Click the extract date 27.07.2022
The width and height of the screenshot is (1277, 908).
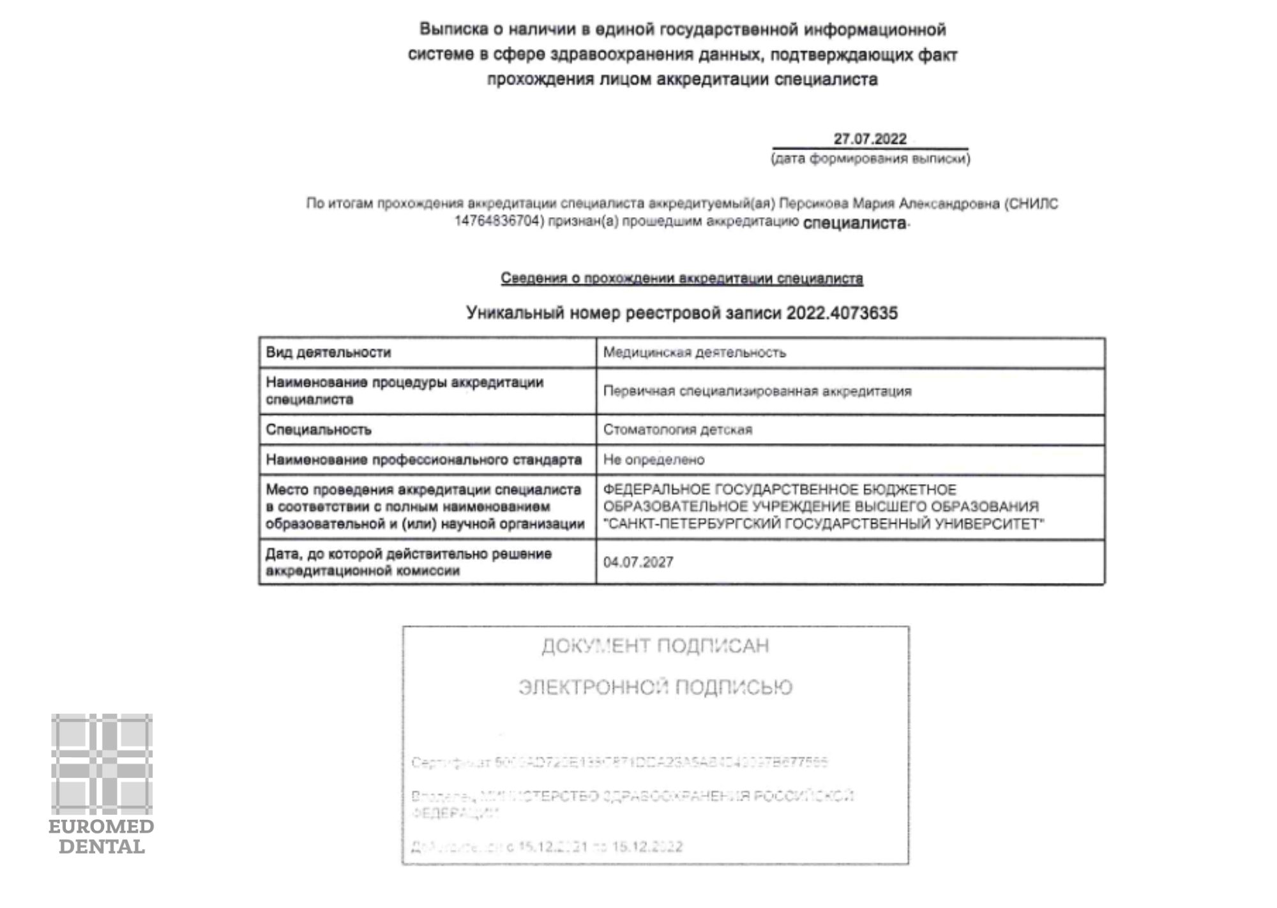tap(870, 139)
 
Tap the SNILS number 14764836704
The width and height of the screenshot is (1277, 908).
tap(498, 222)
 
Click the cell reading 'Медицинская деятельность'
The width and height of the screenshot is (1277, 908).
tap(694, 352)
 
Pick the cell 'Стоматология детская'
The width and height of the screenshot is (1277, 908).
tap(677, 430)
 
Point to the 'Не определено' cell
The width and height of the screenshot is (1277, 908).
tap(654, 460)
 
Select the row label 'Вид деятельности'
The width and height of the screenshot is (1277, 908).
tap(328, 352)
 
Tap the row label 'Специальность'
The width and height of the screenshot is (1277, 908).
tap(319, 430)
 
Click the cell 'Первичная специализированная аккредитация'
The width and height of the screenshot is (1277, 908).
tap(757, 391)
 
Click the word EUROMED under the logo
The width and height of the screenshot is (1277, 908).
tap(102, 827)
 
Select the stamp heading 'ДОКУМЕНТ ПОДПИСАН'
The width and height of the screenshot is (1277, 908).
tap(655, 646)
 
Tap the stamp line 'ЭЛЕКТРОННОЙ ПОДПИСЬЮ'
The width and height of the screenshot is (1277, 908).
tap(655, 687)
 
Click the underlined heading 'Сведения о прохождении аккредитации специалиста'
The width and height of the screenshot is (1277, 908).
tap(681, 278)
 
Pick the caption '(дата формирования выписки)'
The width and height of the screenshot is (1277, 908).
tap(870, 159)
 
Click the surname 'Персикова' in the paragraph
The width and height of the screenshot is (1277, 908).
tap(814, 204)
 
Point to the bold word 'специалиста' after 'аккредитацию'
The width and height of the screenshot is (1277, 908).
tap(854, 223)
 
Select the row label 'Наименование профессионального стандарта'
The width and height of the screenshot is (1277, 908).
tap(423, 460)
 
